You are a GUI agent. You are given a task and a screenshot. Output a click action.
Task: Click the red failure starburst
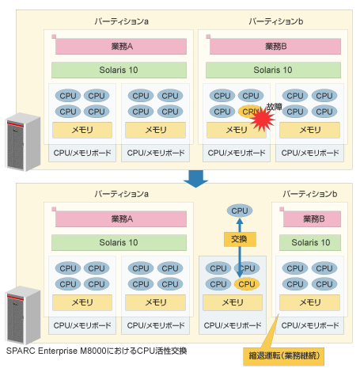263,119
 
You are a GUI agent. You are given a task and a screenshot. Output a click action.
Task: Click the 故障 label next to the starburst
275,107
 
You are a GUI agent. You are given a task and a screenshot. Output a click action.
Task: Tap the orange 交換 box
240,239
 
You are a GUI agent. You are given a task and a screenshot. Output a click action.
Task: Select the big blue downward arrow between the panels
195,179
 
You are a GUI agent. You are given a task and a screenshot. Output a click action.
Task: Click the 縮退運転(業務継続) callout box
283,356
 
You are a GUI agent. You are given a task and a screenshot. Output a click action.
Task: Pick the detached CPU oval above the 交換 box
240,211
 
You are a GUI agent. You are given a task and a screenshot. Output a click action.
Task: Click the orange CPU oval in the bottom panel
247,284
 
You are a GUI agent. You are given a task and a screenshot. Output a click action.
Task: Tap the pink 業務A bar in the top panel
121,47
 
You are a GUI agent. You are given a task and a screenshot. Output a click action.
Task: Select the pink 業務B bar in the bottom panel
312,218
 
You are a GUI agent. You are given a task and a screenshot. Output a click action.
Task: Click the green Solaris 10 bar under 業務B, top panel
273,70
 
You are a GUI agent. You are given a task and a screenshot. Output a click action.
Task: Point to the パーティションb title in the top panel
276,21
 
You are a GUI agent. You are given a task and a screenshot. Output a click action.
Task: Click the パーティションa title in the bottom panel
122,194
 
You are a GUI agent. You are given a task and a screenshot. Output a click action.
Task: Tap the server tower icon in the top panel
23,142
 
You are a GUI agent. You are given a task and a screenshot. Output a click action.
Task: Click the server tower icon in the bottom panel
23,315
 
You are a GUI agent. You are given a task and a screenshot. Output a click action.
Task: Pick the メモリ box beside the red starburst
237,130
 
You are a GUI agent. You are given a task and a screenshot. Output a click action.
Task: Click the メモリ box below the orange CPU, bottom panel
233,302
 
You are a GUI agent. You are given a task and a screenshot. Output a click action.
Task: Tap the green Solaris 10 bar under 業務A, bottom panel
119,242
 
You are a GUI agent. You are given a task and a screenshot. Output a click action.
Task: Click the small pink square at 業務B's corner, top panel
208,36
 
